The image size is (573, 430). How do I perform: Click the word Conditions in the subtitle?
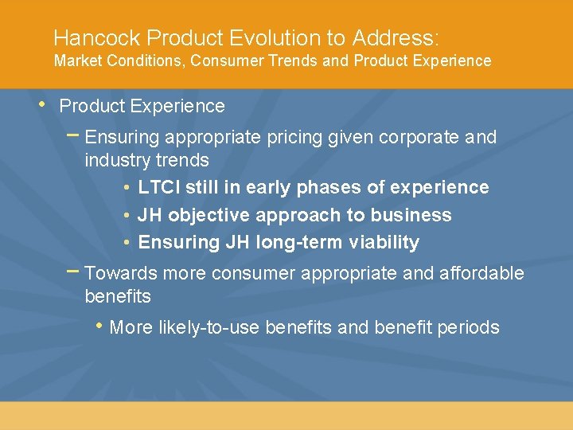pos(141,61)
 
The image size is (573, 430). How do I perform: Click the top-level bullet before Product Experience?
pos(42,104)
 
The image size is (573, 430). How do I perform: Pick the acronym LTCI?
pos(158,188)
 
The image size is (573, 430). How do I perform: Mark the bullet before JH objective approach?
pos(127,215)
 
